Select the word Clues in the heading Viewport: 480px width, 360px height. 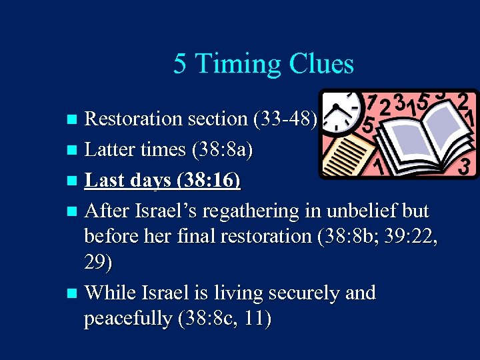[x=321, y=65]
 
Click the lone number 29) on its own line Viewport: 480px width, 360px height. [x=98, y=263]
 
